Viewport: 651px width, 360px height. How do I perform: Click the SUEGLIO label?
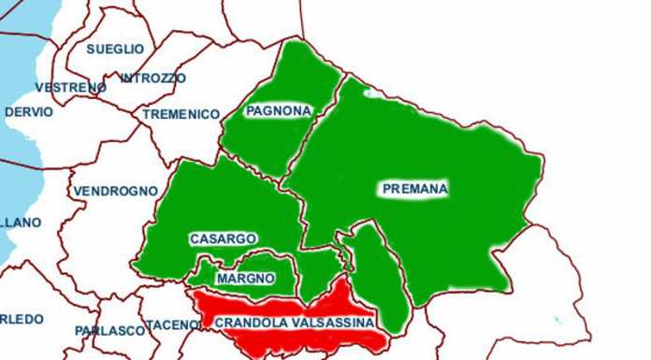(115, 49)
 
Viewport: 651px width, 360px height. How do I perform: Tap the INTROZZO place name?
(153, 78)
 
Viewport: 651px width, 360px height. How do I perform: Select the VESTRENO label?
(70, 87)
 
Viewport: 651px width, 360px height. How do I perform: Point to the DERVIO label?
(29, 112)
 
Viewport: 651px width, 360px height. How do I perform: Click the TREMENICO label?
(181, 114)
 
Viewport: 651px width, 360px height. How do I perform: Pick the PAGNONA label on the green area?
(278, 111)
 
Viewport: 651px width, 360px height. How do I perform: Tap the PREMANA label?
(415, 189)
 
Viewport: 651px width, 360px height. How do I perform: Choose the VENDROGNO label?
(115, 191)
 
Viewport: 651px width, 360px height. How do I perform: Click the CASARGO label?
(223, 239)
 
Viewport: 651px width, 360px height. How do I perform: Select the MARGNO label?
(245, 279)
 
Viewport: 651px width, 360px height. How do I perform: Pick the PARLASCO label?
(109, 330)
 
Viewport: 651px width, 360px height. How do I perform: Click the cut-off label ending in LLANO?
(21, 223)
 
